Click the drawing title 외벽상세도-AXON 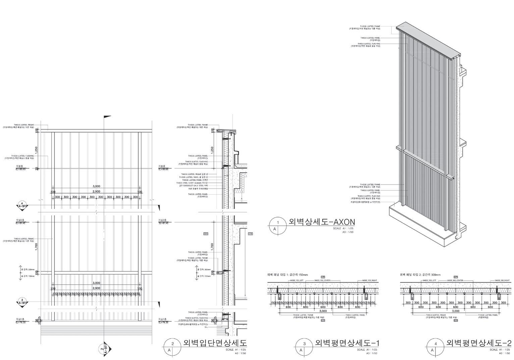(321, 222)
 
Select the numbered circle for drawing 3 (304, 344)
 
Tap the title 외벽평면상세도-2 (478, 343)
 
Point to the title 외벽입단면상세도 (215, 343)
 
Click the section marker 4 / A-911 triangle (22, 205)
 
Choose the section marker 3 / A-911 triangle (22, 302)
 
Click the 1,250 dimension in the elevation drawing (36, 151)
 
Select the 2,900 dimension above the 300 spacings (96, 192)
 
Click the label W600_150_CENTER (322, 280)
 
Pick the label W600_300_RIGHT (502, 280)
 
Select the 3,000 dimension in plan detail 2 (455, 311)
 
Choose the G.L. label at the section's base (206, 327)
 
